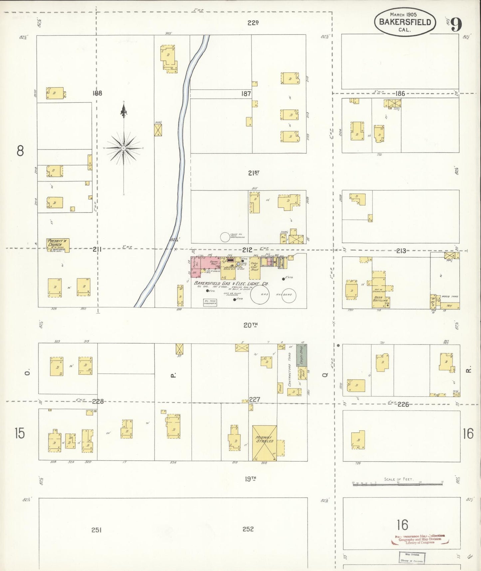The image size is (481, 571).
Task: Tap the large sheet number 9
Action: click(457, 24)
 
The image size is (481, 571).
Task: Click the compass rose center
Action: click(123, 148)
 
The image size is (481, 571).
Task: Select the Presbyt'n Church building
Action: click(58, 245)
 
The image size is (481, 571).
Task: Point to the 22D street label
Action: click(253, 23)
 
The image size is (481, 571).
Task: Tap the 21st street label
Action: click(254, 173)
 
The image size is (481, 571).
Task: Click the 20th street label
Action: click(251, 325)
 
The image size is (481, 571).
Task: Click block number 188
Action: click(97, 93)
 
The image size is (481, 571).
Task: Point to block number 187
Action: click(246, 94)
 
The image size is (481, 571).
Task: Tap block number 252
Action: click(248, 529)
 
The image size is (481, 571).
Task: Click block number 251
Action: click(96, 530)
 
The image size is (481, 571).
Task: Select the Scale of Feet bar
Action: click(398, 482)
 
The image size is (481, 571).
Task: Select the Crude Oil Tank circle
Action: click(225, 237)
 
